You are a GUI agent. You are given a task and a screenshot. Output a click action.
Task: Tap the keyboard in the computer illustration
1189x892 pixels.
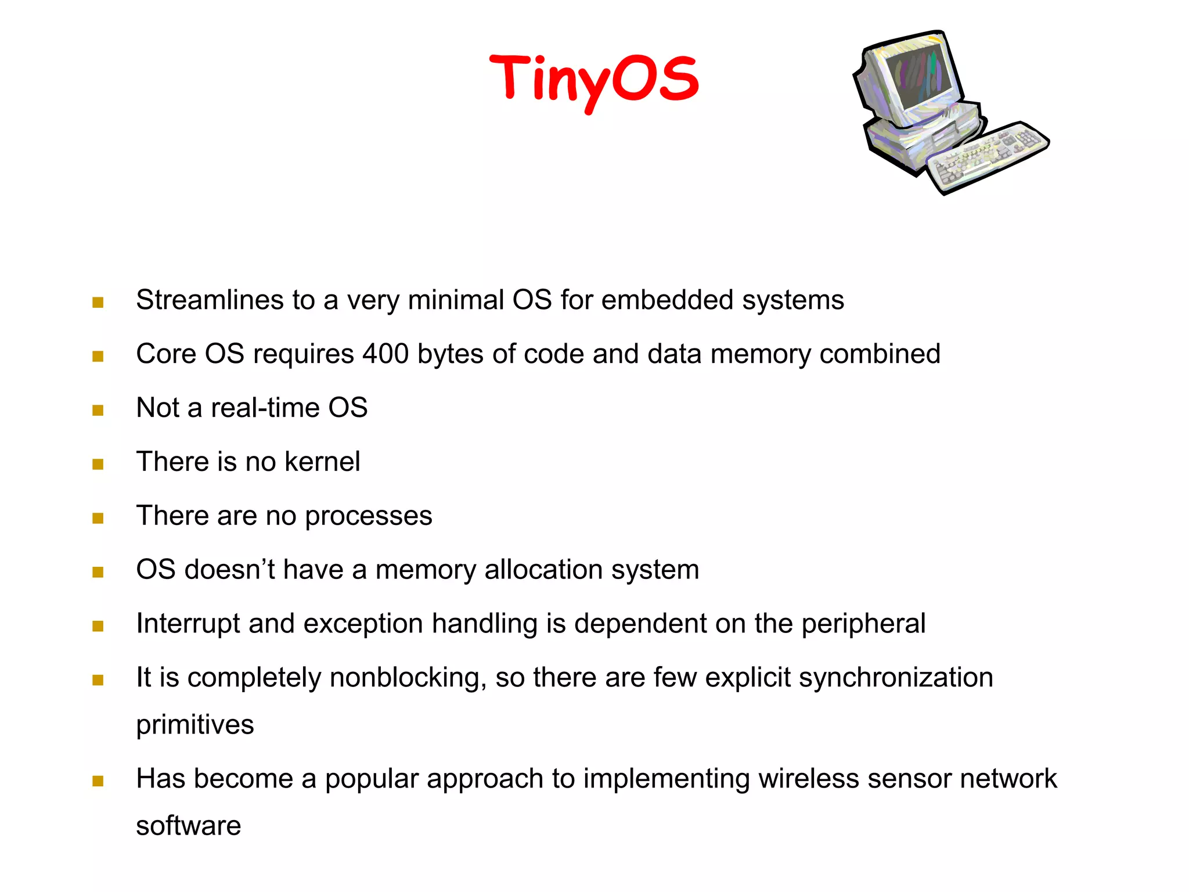point(987,156)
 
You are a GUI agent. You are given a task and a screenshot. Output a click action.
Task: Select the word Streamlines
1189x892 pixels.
point(210,300)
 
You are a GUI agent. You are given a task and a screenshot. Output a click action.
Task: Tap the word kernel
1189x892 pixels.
point(322,462)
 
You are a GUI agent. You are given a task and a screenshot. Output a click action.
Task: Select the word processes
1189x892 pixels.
point(369,517)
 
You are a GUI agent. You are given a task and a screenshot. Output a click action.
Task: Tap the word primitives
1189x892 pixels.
point(195,725)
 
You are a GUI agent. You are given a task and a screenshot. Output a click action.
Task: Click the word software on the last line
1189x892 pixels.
point(188,826)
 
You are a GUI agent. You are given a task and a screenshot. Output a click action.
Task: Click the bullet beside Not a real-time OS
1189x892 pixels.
point(98,411)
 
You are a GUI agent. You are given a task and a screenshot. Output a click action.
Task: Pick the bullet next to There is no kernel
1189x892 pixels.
point(98,464)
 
